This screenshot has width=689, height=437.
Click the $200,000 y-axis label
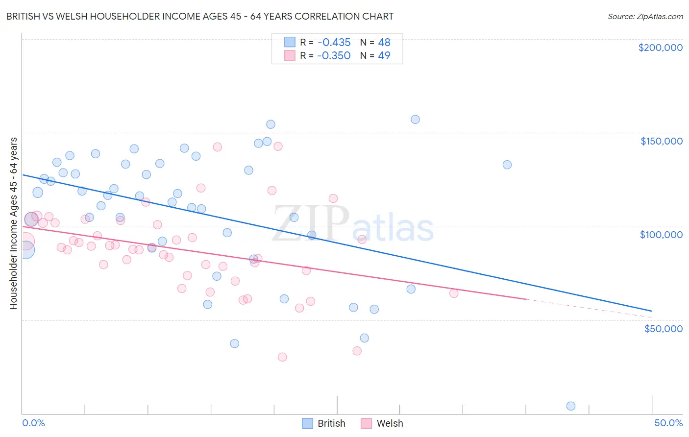660,48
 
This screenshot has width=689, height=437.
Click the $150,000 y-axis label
661,141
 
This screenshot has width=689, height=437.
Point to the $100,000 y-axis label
661,235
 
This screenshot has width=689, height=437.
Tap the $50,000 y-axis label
663,328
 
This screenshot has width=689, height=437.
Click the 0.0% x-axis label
33,423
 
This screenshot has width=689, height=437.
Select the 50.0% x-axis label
668,423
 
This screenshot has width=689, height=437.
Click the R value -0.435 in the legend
334,42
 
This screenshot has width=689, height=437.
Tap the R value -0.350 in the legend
334,55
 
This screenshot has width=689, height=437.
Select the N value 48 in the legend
384,42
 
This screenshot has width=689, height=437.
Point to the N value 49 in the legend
384,55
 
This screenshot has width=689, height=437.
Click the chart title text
200,16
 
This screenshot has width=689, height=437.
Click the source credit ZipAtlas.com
645,17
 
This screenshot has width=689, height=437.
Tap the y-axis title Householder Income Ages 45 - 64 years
13,223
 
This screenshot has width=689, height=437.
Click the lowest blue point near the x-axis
570,406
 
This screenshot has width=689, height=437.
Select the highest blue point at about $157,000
415,119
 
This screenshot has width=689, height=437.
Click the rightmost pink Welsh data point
454,293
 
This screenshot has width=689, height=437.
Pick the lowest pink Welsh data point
282,357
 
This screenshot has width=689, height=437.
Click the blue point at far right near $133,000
507,165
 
